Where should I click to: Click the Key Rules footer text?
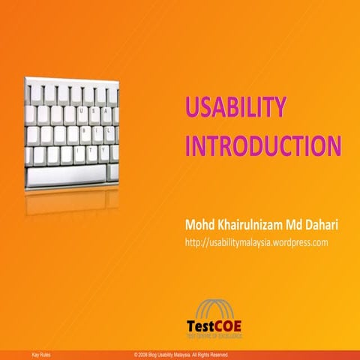pos(40,353)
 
